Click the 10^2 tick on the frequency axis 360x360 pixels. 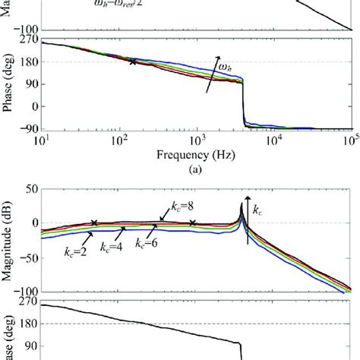click(x=119, y=141)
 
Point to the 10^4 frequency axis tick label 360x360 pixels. click(x=273, y=141)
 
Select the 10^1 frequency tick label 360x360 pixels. click(x=43, y=141)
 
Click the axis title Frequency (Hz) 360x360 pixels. click(x=195, y=154)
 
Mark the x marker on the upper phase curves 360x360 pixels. click(x=134, y=62)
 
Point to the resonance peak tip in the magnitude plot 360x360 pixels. click(x=242, y=204)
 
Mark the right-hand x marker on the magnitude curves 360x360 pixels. click(x=193, y=223)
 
